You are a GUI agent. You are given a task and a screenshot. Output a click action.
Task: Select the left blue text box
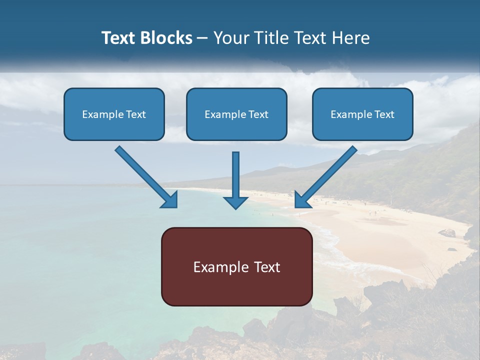click(114, 114)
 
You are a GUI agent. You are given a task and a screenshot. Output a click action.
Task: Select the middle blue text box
click(236, 114)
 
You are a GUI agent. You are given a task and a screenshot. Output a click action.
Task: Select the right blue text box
click(362, 114)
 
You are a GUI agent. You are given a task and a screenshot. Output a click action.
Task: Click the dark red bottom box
click(236, 266)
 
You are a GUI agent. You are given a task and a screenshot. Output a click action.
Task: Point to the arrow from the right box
click(327, 175)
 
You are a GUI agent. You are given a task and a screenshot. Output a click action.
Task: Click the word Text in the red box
click(268, 267)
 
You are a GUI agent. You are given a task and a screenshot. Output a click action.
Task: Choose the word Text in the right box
click(384, 114)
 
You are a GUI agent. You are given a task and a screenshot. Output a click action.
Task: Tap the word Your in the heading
click(231, 38)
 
